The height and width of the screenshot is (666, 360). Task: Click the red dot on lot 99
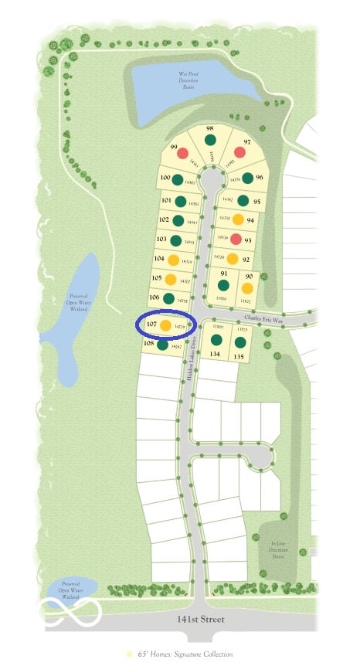point(183,153)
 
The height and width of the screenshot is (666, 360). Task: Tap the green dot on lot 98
point(210,140)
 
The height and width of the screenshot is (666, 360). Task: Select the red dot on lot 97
point(239,152)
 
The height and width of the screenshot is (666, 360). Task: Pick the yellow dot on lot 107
point(165,327)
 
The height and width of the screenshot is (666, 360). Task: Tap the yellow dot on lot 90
point(247,288)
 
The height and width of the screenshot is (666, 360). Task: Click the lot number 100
point(165,177)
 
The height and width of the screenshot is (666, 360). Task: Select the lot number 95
point(257,202)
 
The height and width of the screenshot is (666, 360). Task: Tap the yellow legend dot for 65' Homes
point(129,654)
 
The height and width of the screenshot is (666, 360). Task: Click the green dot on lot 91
point(224,285)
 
